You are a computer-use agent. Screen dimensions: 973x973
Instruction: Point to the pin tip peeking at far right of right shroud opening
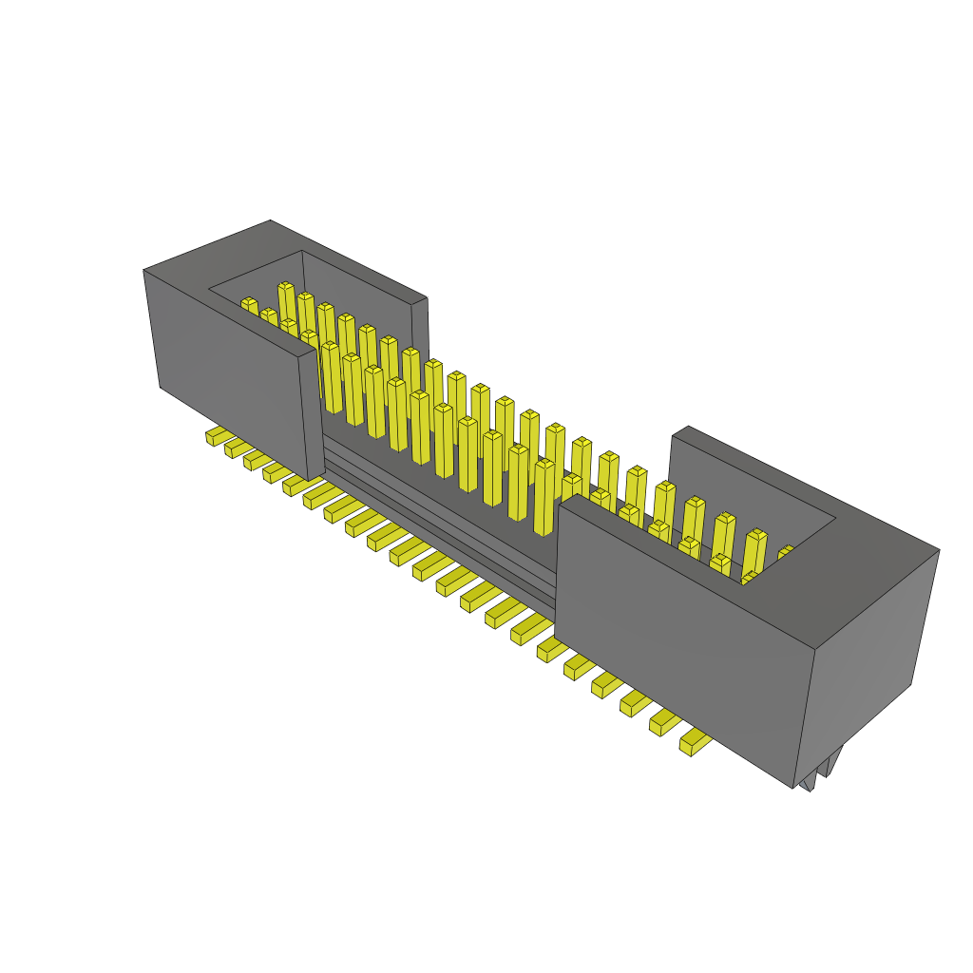click(x=786, y=550)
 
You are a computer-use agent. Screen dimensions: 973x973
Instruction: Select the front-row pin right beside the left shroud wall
click(x=331, y=376)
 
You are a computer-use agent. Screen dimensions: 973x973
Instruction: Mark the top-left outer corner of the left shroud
click(x=144, y=271)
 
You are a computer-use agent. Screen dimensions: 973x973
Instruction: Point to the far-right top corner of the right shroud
click(x=939, y=550)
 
